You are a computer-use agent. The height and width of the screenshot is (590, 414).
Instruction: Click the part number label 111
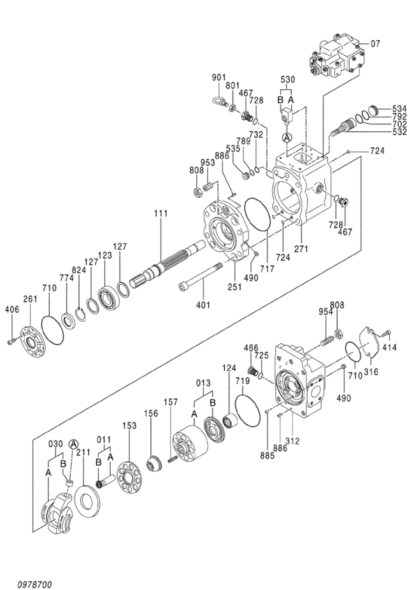click(x=161, y=213)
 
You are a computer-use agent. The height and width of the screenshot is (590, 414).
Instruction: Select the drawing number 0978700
click(x=34, y=584)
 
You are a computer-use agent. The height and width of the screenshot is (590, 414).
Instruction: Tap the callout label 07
click(x=375, y=44)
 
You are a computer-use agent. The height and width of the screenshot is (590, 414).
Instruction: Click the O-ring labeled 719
click(x=247, y=410)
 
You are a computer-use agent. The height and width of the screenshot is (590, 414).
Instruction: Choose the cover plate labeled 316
click(x=369, y=342)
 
